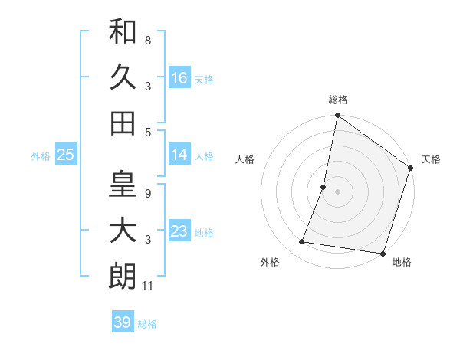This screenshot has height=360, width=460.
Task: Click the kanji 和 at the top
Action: click(123, 32)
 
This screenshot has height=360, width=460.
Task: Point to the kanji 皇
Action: click(123, 185)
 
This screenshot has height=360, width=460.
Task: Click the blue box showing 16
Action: click(179, 77)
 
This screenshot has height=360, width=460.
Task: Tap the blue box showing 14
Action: click(179, 155)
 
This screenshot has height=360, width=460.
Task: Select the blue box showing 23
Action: click(179, 231)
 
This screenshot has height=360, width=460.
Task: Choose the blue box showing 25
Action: click(65, 155)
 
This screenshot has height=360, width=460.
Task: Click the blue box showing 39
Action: click(123, 322)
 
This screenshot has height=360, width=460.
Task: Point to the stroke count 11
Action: click(149, 286)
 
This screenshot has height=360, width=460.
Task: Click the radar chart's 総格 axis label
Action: click(337, 100)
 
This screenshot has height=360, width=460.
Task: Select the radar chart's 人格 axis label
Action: click(245, 159)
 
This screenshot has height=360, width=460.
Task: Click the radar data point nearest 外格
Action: click(302, 242)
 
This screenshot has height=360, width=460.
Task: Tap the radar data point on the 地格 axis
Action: click(383, 254)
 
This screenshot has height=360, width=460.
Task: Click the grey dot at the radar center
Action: click(337, 191)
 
